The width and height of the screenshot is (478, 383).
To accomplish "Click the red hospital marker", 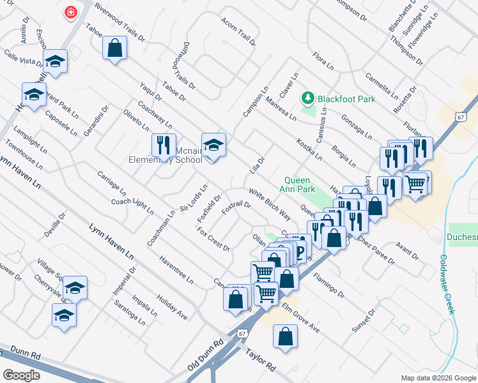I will point(70,13).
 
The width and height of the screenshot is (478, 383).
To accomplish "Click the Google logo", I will point(22,375).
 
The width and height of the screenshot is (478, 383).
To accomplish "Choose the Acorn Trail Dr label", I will point(238,31).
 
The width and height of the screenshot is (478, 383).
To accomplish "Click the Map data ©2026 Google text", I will point(438,377).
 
